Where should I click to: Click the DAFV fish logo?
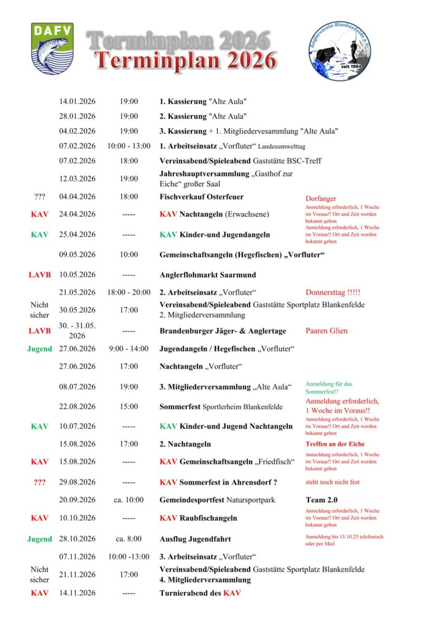[53, 48]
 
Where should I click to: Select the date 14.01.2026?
[77, 101]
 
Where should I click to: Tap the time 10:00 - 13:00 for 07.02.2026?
[129, 146]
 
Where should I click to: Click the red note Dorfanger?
[321, 199]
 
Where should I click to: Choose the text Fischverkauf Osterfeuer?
[201, 197]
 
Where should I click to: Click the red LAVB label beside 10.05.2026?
[40, 275]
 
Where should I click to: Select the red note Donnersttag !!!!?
[333, 292]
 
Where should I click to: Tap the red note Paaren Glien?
[326, 331]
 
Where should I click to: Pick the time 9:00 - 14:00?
[129, 349]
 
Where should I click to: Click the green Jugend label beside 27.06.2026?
[40, 349]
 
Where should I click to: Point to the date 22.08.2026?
[77, 407]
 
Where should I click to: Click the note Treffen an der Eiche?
[335, 444]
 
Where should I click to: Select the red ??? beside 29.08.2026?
[40, 482]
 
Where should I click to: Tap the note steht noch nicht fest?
[332, 482]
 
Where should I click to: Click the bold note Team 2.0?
[321, 500]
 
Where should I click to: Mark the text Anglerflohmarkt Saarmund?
[208, 275]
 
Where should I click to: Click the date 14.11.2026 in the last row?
[77, 593]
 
